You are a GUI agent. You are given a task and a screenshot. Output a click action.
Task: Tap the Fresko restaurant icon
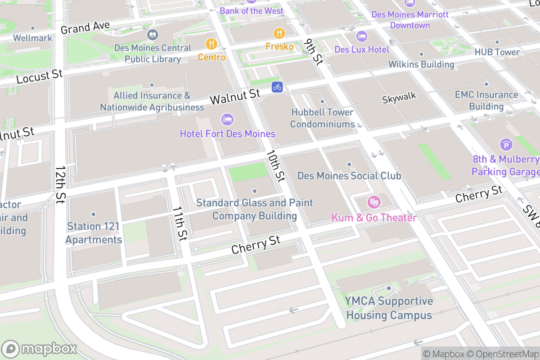279,33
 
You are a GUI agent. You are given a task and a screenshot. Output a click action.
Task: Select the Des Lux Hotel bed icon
361,36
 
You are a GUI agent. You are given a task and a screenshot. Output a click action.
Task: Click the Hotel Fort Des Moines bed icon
228,120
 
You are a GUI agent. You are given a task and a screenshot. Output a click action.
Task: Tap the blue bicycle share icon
277,87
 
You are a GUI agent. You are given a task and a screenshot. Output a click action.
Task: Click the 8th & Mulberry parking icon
506,145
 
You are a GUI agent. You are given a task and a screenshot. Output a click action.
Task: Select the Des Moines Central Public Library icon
153,35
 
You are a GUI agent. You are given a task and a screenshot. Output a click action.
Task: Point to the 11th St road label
180,224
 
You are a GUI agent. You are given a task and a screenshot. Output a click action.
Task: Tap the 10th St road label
275,165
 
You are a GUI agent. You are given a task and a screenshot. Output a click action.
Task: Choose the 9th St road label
313,52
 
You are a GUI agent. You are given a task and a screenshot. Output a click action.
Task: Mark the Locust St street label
39,76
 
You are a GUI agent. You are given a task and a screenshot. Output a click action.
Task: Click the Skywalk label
399,96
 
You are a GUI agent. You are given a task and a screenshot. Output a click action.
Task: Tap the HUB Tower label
497,52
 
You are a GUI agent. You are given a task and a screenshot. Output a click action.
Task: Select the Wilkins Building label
421,64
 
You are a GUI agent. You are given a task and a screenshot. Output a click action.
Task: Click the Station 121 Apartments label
94,233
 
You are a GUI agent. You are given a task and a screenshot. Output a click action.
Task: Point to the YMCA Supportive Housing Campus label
389,308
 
